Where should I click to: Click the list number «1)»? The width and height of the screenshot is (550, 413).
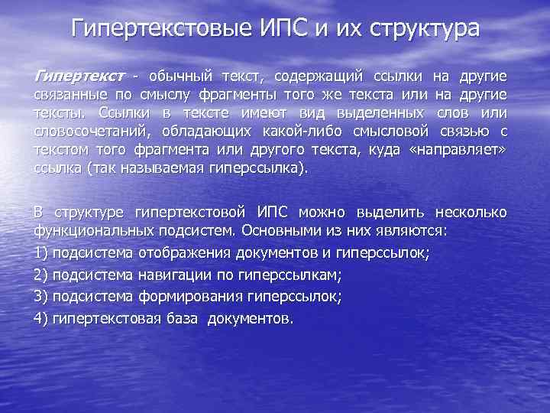(x=42, y=252)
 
